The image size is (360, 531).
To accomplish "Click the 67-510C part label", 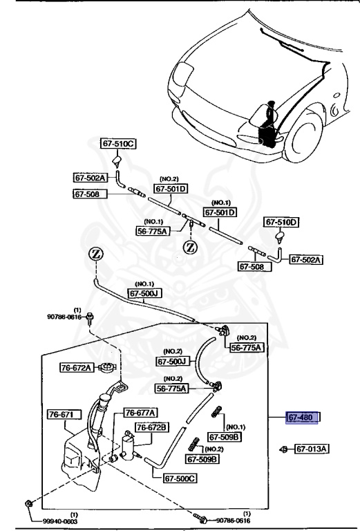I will pos(118,145).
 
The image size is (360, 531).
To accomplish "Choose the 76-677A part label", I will pos(140,413).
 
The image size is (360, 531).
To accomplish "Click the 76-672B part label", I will pos(151,428).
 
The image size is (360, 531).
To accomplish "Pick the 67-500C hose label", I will pos(180,477).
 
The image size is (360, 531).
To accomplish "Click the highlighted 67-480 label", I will pos(304,418).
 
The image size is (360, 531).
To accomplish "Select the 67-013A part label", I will pos(312,449).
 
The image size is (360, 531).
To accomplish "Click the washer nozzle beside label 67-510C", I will pos(118,163).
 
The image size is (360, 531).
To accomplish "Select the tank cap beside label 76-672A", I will pos(107,368).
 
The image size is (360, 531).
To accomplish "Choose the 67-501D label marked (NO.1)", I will pos(219,212).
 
